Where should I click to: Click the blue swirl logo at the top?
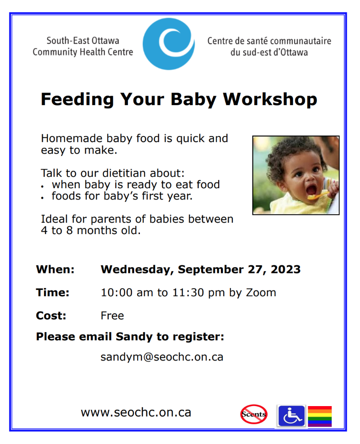click(168, 44)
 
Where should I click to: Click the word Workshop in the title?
click(270, 100)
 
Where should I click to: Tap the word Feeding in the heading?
click(77, 100)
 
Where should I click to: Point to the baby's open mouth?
click(311, 190)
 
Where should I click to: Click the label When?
click(55, 269)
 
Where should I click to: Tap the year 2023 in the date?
click(286, 269)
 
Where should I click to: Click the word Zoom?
click(261, 292)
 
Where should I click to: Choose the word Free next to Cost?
click(112, 316)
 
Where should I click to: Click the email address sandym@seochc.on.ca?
click(162, 357)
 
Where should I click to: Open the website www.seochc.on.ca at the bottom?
click(136, 412)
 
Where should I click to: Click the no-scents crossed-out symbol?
click(254, 414)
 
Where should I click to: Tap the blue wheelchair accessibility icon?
click(292, 416)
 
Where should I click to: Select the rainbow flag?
click(320, 416)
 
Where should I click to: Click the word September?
click(211, 270)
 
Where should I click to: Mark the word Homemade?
click(72, 138)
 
